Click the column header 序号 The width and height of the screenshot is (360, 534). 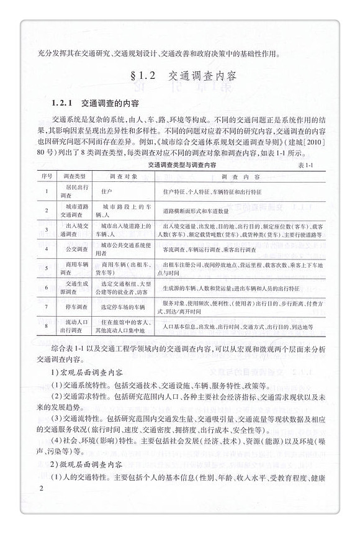pyautogui.click(x=47, y=176)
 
